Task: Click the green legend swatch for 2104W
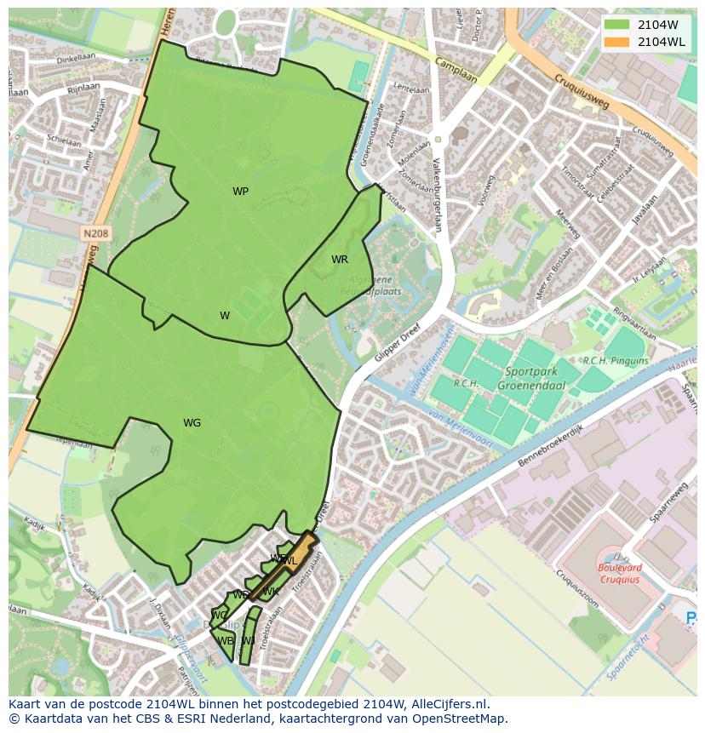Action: pyautogui.click(x=616, y=25)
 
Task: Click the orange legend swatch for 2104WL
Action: pyautogui.click(x=616, y=42)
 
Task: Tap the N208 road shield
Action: pyautogui.click(x=95, y=232)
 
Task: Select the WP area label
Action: pyautogui.click(x=241, y=192)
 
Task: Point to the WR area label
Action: pyautogui.click(x=340, y=260)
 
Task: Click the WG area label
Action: pyautogui.click(x=192, y=423)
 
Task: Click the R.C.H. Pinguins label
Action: pyautogui.click(x=615, y=361)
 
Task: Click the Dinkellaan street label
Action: pyautogui.click(x=76, y=60)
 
